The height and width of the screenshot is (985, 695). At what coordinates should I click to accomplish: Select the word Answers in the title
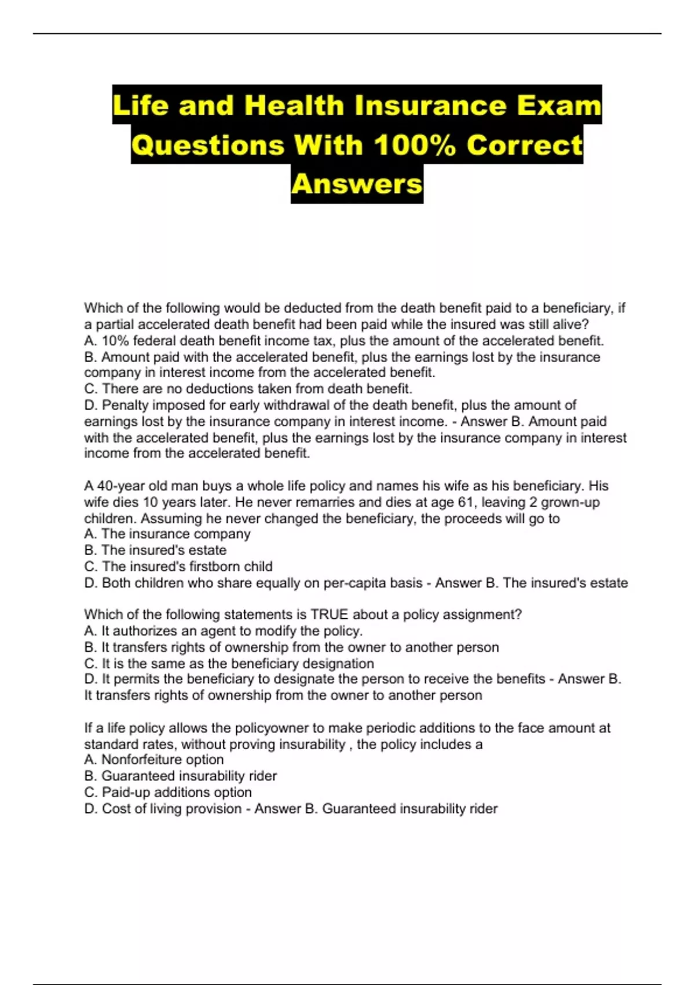tap(357, 184)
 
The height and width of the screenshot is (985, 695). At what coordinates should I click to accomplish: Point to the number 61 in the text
tap(466, 502)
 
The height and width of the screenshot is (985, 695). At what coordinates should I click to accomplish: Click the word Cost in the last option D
tap(116, 809)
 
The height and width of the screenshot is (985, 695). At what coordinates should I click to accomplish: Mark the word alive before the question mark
tap(568, 324)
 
